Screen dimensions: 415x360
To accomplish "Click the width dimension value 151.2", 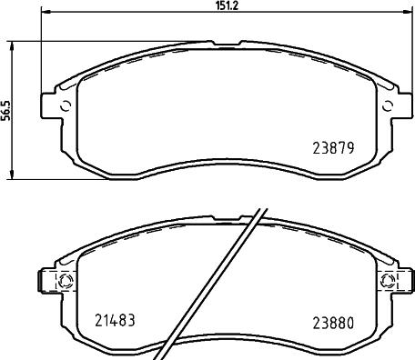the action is click(x=228, y=5).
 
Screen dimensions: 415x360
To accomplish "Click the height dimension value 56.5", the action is click(x=5, y=110).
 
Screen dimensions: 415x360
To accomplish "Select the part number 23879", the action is click(x=333, y=148).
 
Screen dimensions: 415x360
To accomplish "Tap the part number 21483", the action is click(x=115, y=320).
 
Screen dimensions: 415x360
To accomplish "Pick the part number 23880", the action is click(x=333, y=323).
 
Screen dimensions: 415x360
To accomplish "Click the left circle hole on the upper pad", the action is click(x=66, y=105).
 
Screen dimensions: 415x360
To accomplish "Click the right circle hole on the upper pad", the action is click(x=387, y=105).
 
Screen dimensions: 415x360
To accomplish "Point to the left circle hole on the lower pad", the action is click(x=66, y=281).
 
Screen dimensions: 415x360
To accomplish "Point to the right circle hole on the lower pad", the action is click(x=388, y=279).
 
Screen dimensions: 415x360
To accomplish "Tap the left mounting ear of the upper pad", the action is click(x=51, y=105).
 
